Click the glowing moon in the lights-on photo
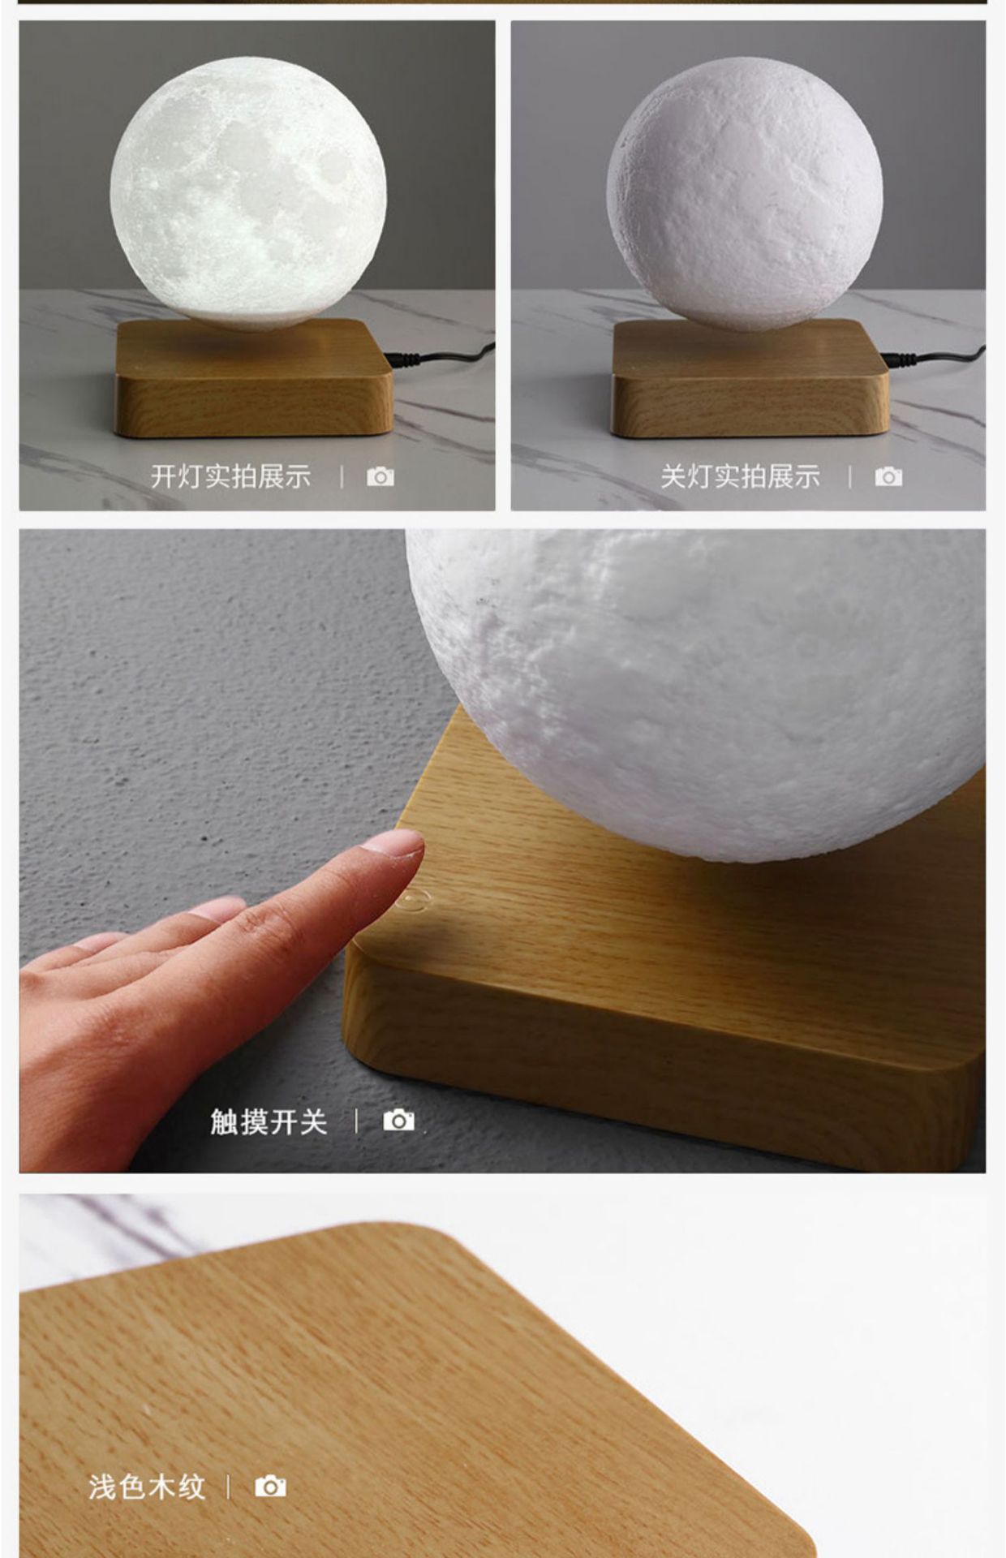tap(248, 193)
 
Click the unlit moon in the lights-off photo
tap(745, 193)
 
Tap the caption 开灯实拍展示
tap(230, 476)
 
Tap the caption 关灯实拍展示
tap(740, 476)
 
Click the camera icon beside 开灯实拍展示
tap(380, 476)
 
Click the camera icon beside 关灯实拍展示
tap(888, 476)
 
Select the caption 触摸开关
tap(269, 1121)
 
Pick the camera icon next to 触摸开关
tap(398, 1121)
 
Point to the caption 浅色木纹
tap(147, 1487)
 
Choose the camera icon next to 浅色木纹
tap(270, 1487)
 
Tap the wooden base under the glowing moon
tap(254, 381)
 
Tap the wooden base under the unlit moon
tap(750, 381)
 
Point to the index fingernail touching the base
tap(393, 844)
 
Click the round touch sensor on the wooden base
tap(413, 899)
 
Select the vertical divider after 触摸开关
tap(356, 1121)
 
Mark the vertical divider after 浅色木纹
tap(228, 1487)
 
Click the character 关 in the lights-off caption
tap(673, 476)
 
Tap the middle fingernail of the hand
tap(217, 908)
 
